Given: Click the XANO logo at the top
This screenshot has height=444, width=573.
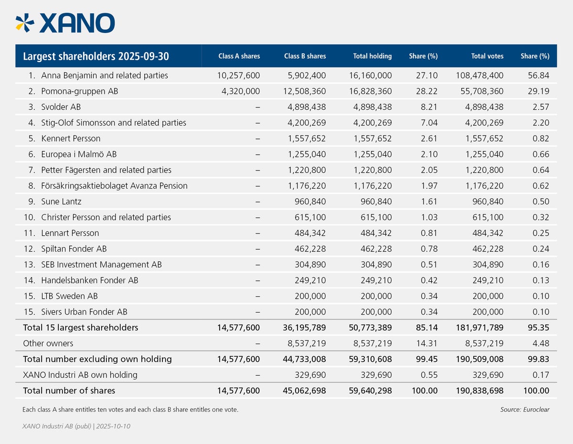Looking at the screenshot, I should click(65, 22).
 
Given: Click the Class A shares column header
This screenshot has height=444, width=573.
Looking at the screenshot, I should click(239, 56).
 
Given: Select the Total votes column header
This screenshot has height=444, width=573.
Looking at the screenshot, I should click(487, 56).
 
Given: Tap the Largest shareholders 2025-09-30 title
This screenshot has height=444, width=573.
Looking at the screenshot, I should click(95, 56).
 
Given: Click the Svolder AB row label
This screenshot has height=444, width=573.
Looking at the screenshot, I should click(61, 107).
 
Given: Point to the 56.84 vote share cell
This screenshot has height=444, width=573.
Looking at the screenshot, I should click(540, 75).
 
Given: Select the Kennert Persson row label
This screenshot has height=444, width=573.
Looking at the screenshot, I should click(71, 138).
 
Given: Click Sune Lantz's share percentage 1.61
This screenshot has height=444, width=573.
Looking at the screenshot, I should click(429, 201).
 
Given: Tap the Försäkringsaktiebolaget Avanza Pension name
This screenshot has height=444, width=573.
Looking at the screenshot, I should click(114, 186).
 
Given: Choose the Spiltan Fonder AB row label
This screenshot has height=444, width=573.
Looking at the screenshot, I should click(74, 249).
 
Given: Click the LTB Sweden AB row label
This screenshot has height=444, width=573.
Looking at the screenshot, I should click(69, 296).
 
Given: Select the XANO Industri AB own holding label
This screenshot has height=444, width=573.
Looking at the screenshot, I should click(80, 375).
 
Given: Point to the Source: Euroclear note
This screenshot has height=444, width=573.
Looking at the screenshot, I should click(525, 410).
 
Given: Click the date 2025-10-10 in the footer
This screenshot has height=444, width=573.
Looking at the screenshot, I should click(113, 426).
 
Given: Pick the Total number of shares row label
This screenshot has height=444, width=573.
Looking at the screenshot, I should click(69, 391).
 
